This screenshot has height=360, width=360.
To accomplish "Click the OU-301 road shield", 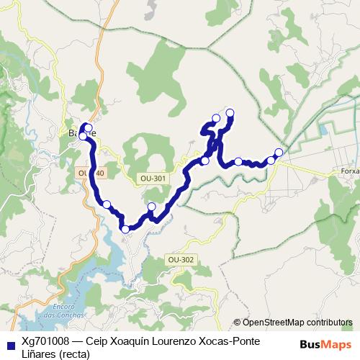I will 153,177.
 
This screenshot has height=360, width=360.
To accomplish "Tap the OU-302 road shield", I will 180,259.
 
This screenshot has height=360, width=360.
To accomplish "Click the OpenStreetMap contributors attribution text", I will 297,323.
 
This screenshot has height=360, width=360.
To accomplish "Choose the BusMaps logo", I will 325,345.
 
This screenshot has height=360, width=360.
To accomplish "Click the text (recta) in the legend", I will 74,353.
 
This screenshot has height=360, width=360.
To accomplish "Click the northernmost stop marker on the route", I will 230,112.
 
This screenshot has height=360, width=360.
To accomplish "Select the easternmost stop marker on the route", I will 279,152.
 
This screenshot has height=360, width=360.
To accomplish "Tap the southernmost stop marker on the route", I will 126,229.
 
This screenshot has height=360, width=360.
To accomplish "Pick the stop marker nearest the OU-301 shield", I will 151,207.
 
